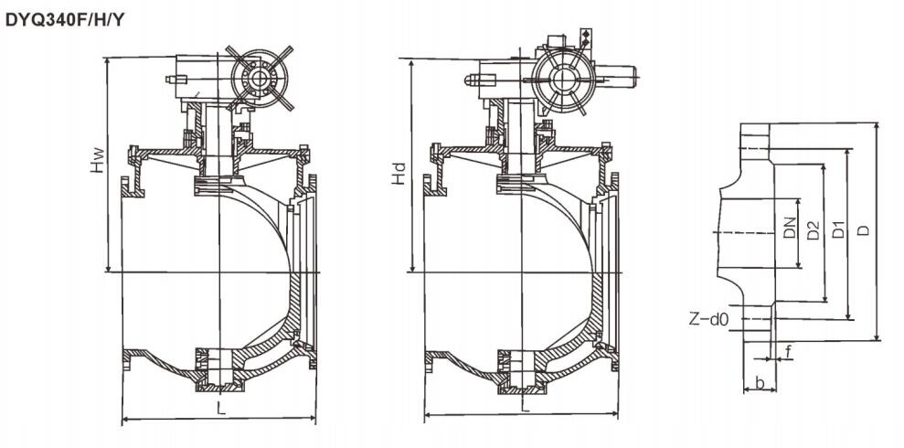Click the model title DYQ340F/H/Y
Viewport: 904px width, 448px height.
pyautogui.click(x=65, y=20)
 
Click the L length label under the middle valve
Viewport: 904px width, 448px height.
pyautogui.click(x=525, y=405)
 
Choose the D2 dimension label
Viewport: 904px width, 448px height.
pyautogui.click(x=813, y=230)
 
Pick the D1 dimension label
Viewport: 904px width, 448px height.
pyautogui.click(x=838, y=229)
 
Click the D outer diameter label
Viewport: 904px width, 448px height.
pyautogui.click(x=863, y=230)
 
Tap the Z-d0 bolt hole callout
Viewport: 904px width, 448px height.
pyautogui.click(x=708, y=318)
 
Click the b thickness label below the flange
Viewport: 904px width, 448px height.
pyautogui.click(x=760, y=382)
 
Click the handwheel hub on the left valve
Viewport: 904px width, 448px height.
pyautogui.click(x=258, y=79)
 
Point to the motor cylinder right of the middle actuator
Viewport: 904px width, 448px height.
pyautogui.click(x=616, y=77)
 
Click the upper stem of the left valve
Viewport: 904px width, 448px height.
pyautogui.click(x=218, y=138)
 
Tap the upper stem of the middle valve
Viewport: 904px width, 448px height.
pyautogui.click(x=521, y=137)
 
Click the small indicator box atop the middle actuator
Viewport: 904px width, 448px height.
pyautogui.click(x=586, y=39)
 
